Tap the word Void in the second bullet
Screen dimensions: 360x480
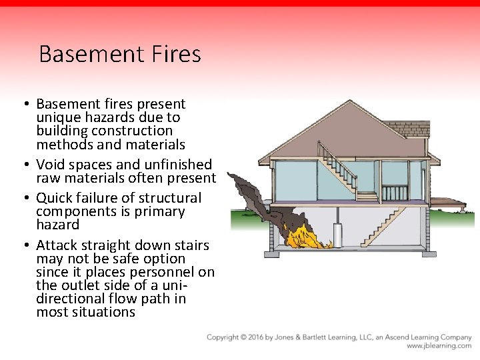point(50,164)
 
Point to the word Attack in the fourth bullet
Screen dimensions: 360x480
point(55,245)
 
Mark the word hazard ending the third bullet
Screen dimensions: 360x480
point(57,225)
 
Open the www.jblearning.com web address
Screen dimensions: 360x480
point(439,346)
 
